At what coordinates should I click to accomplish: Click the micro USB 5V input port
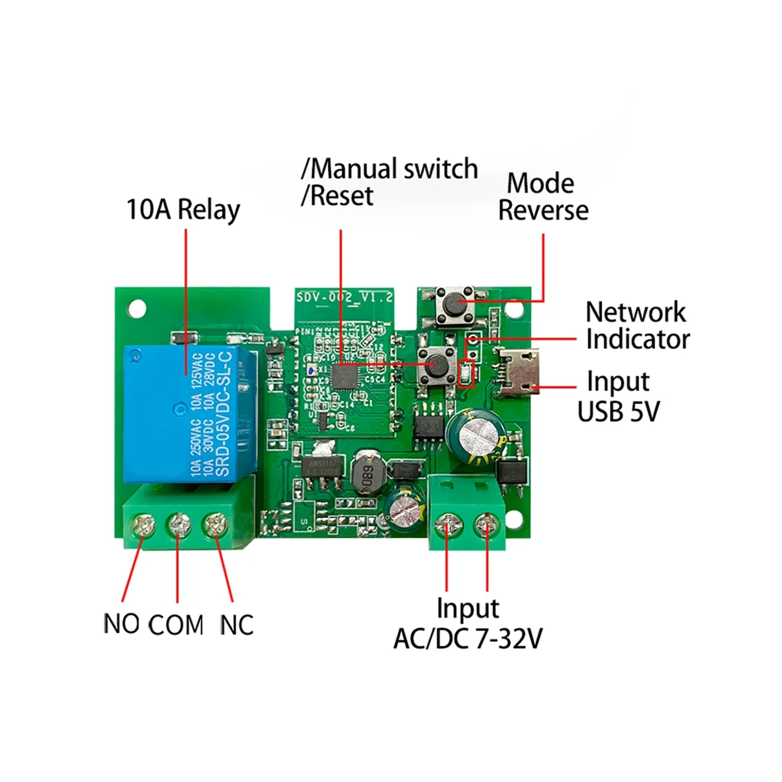[520, 374]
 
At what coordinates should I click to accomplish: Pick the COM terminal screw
[178, 524]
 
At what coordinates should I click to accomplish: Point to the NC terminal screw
[214, 524]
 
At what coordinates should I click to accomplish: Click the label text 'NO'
[122, 624]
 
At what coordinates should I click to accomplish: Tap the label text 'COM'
[176, 626]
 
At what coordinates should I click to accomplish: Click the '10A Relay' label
[183, 210]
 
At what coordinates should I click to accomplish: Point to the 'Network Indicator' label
[637, 326]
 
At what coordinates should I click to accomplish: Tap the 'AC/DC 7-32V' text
[468, 639]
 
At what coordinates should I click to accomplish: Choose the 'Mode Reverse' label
[542, 197]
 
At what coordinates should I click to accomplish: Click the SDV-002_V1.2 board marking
[345, 297]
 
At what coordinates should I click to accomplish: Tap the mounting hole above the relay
[136, 306]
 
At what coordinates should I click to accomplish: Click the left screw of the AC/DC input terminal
[448, 523]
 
